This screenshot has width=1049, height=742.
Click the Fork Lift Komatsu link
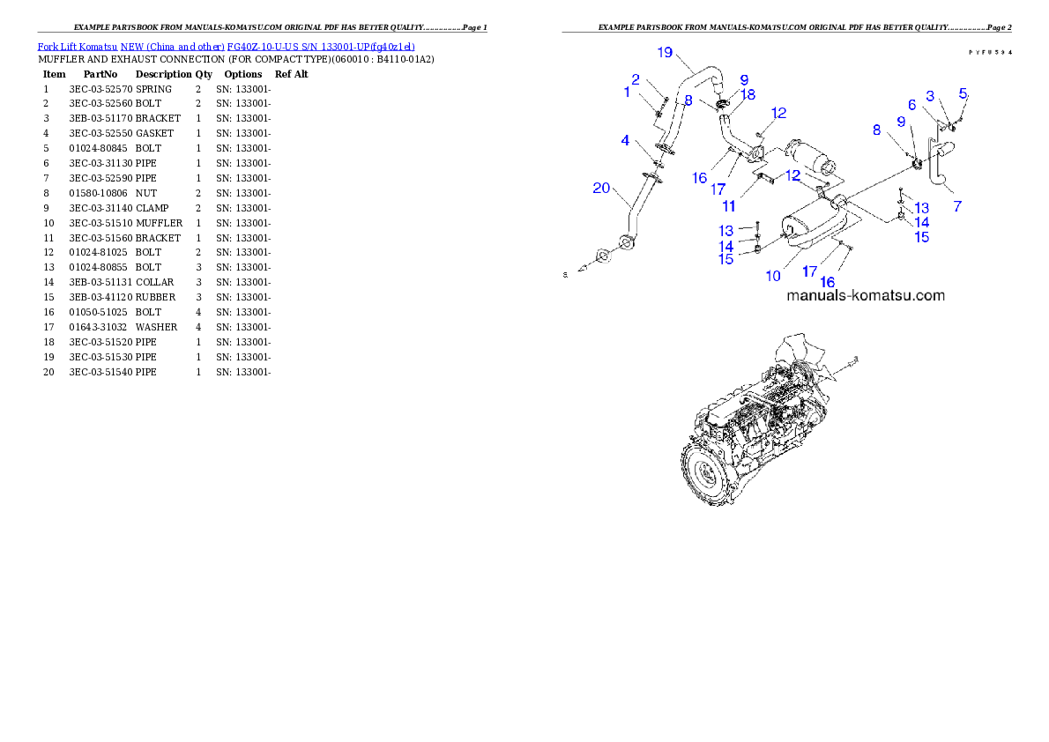coord(78,47)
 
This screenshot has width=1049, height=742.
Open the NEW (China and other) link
coord(173,47)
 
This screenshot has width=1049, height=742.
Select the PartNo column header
coord(100,74)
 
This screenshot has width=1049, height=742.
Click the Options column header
coord(242,74)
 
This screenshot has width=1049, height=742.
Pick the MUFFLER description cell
coord(160,223)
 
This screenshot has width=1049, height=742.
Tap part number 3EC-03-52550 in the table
coord(101,133)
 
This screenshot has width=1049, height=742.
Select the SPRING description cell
coord(154,89)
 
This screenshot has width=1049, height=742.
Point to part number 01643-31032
coord(98,327)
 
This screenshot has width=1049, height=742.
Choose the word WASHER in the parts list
coord(157,327)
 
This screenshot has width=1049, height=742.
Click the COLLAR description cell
coord(154,282)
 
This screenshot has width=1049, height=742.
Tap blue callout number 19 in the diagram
coord(665,52)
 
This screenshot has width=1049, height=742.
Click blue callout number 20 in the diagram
coord(601,188)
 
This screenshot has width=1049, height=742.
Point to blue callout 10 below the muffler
coord(773,276)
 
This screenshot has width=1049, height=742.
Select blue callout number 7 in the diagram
coord(957,206)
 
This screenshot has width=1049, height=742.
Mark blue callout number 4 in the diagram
coord(625,140)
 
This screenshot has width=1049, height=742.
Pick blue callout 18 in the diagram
coord(748,95)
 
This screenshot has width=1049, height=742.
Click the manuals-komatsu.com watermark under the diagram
coord(866,295)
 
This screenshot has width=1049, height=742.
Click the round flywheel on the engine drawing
coord(704,472)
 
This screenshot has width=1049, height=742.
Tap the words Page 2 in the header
coord(999,27)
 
